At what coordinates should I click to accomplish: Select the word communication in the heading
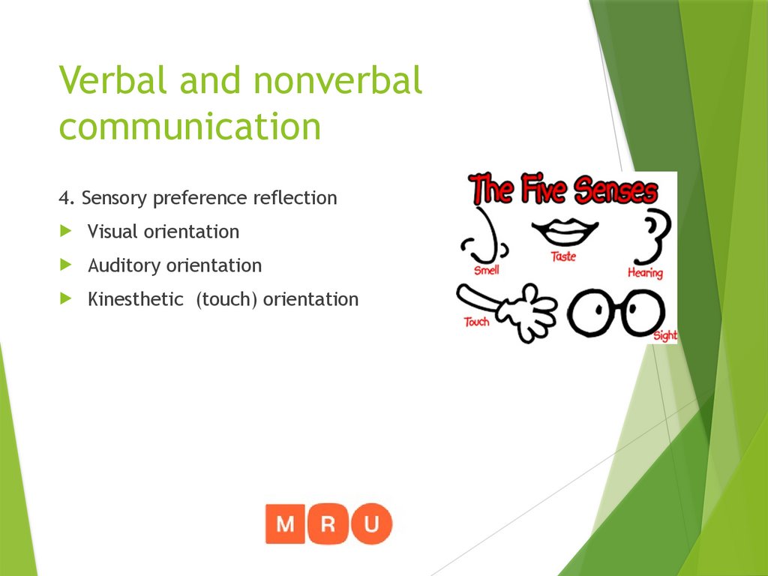[x=190, y=126]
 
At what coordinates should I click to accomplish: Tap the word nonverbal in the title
[x=338, y=80]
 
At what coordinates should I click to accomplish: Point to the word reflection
[x=295, y=199]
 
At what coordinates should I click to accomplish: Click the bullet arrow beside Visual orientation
[x=66, y=231]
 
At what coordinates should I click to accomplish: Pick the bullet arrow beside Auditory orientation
[x=66, y=265]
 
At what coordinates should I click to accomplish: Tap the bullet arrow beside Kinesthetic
[x=66, y=298]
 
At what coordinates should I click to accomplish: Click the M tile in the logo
[x=286, y=523]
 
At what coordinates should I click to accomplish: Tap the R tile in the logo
[x=328, y=523]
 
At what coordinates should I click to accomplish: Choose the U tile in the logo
[x=371, y=523]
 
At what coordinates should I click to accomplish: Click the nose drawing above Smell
[x=485, y=235]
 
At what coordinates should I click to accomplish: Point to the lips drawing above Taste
[x=564, y=232]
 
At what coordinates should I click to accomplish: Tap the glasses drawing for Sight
[x=616, y=313]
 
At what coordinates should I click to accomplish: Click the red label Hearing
[x=645, y=274]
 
